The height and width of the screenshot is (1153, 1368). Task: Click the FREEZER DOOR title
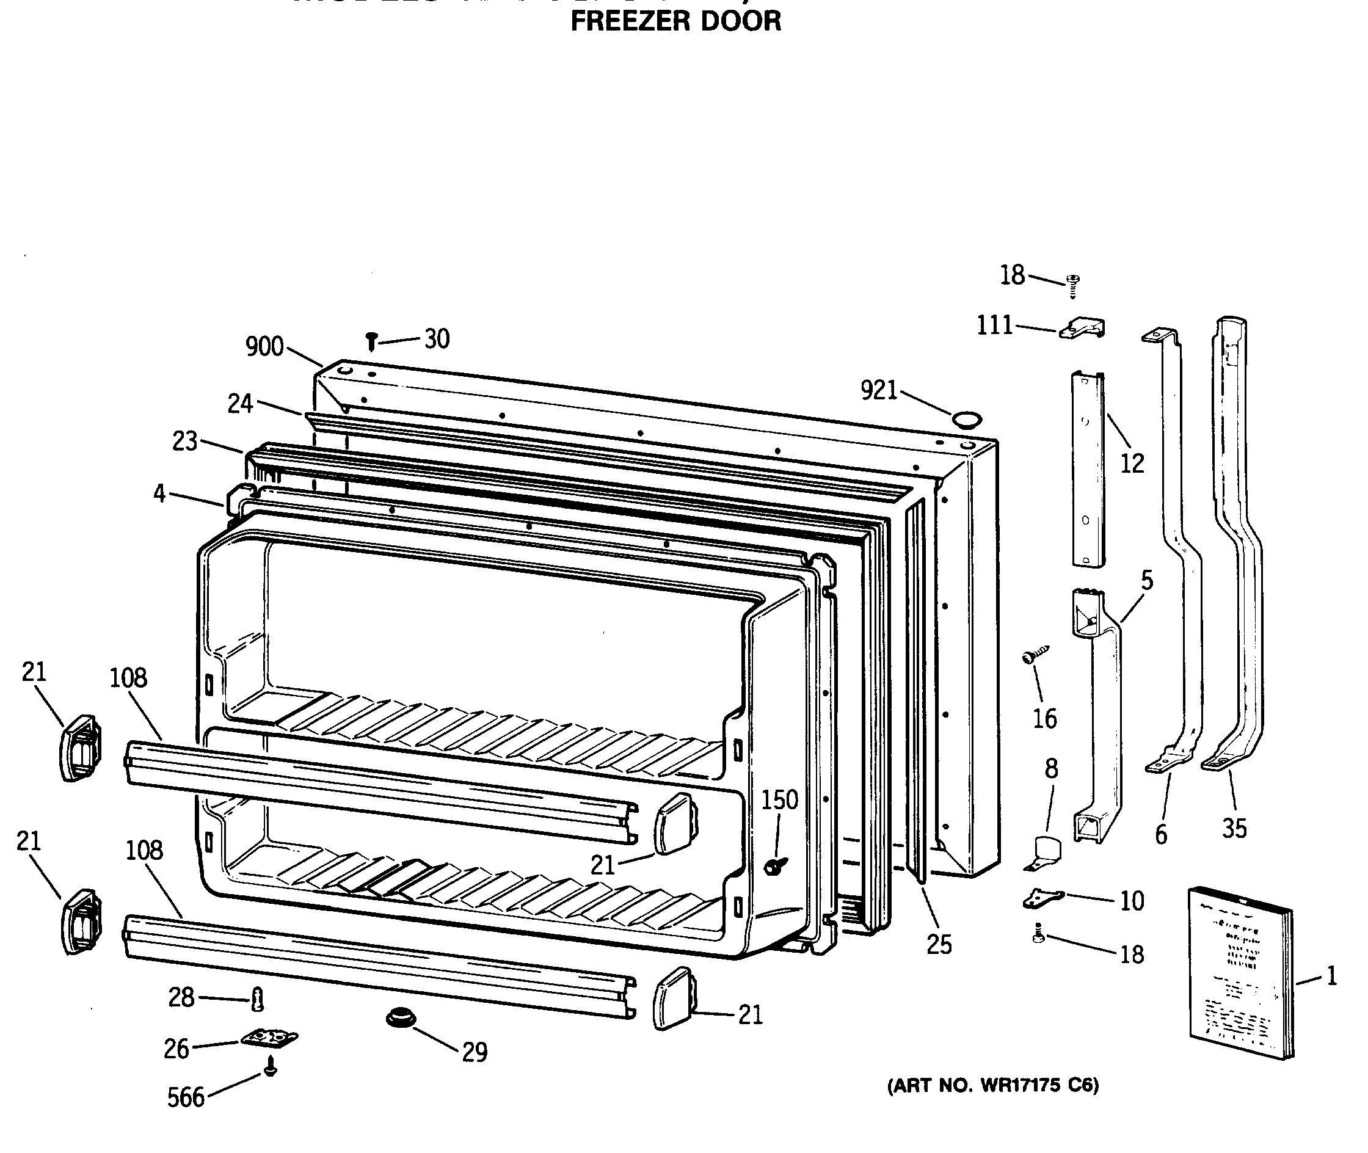[x=675, y=21]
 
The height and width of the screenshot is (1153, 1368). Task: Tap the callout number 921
[x=879, y=390]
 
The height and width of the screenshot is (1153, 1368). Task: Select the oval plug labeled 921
[x=966, y=418]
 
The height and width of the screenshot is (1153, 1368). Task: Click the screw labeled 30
[x=371, y=341]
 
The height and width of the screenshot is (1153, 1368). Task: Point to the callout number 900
[x=264, y=346]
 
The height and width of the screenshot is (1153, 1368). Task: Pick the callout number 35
[x=1234, y=829]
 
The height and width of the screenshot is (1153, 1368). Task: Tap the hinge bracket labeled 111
[x=1082, y=328]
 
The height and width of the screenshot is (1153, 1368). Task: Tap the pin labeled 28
[x=258, y=998]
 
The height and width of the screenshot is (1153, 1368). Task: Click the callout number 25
[x=939, y=944]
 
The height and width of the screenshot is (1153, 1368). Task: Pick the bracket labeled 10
[x=1043, y=899]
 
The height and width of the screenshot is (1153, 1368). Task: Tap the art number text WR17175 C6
[x=992, y=1086]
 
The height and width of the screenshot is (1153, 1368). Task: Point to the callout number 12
[x=1132, y=464]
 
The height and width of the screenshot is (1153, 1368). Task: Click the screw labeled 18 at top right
[x=1072, y=285]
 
